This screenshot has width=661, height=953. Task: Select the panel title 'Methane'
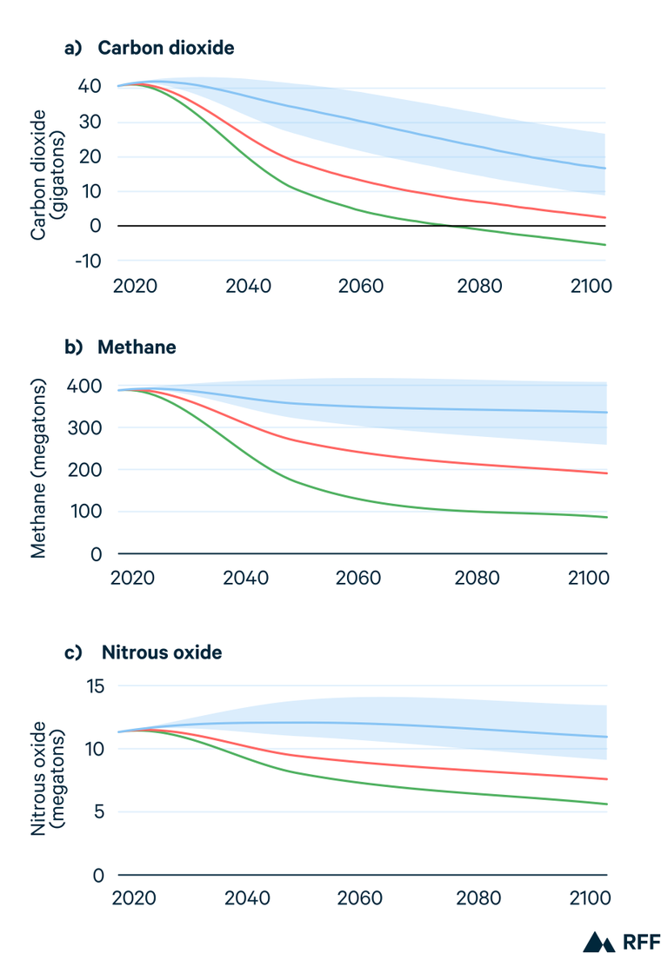coord(137,347)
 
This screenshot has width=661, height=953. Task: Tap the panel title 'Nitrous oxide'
coord(161,652)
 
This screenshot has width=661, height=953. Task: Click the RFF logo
coord(623,941)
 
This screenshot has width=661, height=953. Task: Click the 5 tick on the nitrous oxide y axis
coord(97,813)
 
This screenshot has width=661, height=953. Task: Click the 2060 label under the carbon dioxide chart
coord(360,285)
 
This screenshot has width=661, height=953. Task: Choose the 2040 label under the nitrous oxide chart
coord(247,899)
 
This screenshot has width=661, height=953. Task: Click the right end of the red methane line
coord(605,473)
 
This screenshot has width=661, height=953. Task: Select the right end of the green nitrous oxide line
coord(605,804)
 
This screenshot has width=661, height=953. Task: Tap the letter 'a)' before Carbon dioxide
coord(73,49)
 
